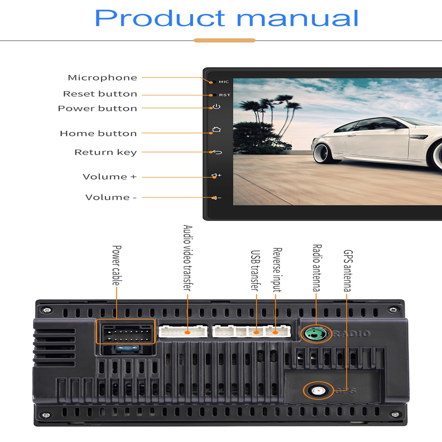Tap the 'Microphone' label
point(102,78)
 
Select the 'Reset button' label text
point(100,94)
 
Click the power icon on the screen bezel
point(216,107)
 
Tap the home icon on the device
point(216,130)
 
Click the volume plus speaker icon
point(216,176)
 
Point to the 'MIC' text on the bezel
point(224,82)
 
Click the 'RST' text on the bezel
point(225,95)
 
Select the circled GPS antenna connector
point(318,390)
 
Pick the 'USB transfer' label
point(255,271)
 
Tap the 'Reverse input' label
point(277,270)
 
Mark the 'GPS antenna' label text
point(348,271)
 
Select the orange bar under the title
point(225,41)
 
